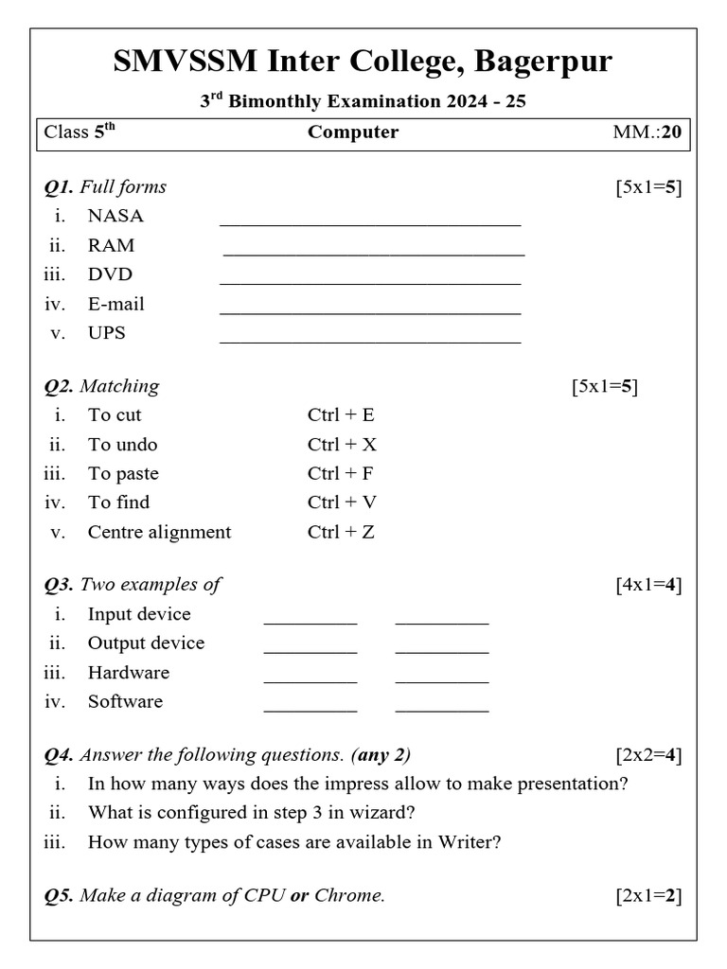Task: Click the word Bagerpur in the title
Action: point(543,62)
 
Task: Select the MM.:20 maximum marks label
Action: point(647,132)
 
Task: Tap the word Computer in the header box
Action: point(353,132)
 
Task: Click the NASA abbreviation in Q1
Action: point(115,216)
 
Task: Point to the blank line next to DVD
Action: point(370,281)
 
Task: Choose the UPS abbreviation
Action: point(107,333)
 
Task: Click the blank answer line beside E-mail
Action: point(370,310)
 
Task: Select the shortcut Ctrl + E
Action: point(341,414)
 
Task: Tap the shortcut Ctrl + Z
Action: point(341,532)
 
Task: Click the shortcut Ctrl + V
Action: point(342,502)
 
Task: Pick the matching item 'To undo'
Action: point(123,445)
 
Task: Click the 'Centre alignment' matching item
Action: point(159,532)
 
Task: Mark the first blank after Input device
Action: point(310,622)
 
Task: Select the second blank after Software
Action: point(442,709)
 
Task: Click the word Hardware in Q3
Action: point(129,673)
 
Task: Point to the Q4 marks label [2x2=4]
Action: point(648,755)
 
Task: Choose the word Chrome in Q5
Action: point(349,895)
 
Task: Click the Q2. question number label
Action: point(60,386)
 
